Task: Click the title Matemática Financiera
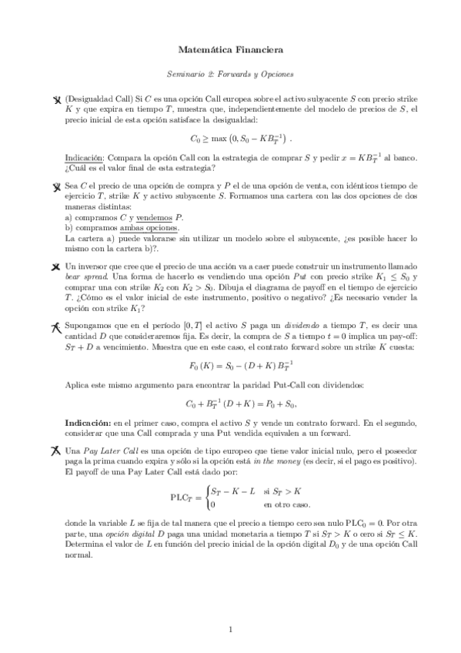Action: [230, 50]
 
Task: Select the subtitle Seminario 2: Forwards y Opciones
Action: [230, 75]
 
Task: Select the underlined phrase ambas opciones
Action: [153, 228]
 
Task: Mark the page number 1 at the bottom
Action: [230, 629]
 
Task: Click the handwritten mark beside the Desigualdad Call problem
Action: [56, 100]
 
